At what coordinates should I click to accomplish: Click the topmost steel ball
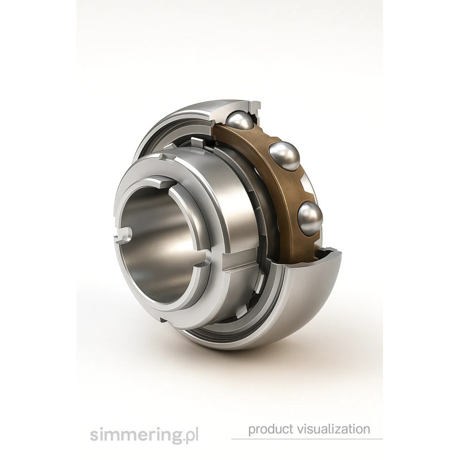240,120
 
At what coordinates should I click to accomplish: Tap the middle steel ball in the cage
284,156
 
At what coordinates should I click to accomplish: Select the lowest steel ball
310,218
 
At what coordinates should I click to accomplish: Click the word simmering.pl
144,435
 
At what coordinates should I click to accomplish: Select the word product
271,430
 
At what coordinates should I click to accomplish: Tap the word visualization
334,429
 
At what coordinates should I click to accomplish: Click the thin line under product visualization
307,439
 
